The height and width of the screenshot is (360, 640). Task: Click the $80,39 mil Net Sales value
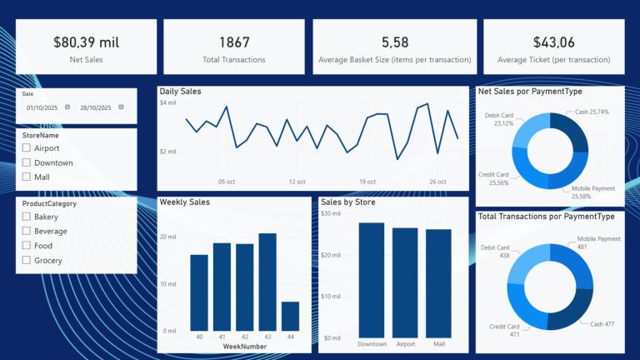pos(86,42)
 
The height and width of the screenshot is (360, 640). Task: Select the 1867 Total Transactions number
pos(233,42)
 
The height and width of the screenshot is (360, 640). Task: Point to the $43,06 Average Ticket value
pos(553,42)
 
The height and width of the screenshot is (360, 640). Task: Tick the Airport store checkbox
pos(27,147)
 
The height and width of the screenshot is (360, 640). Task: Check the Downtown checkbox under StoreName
pos(27,162)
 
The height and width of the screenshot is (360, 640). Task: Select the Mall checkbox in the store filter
pos(27,177)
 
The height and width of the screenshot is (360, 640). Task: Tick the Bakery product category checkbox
pos(27,217)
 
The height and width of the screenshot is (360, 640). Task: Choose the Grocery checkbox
pos(27,260)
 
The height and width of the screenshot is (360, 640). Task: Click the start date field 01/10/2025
pos(42,107)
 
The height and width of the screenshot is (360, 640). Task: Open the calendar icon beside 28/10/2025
pos(121,107)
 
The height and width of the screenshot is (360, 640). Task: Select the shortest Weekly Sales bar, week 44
pos(290,316)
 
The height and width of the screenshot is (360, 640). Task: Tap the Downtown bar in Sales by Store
pos(372,280)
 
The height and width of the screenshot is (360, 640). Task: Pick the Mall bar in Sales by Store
pos(438,283)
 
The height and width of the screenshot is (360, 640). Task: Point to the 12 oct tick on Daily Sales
pos(297,180)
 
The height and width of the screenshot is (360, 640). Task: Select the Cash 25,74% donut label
pos(592,112)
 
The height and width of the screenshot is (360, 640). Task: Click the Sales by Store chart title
pos(348,202)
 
